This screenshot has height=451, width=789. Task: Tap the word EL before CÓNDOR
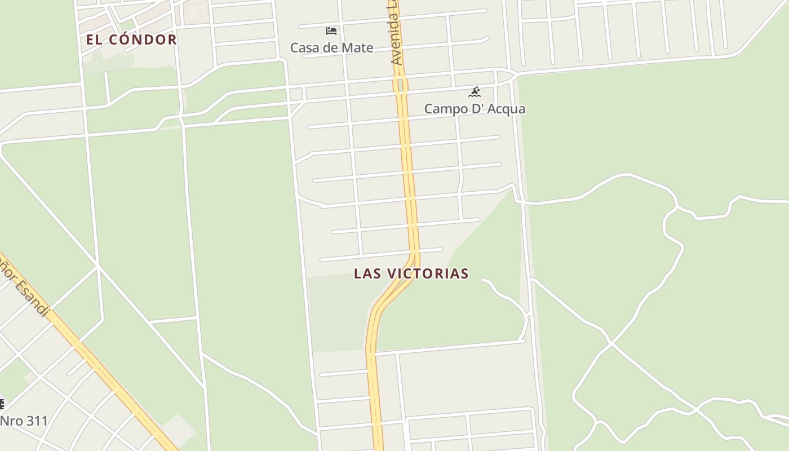[x=94, y=39]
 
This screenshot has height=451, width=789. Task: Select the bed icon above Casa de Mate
[x=331, y=30]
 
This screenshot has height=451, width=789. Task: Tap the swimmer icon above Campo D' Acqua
[x=475, y=91]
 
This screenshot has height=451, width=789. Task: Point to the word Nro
[x=11, y=421]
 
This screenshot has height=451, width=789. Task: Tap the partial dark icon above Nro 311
[x=2, y=404]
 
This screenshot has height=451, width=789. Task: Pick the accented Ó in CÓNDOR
[x=121, y=39]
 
